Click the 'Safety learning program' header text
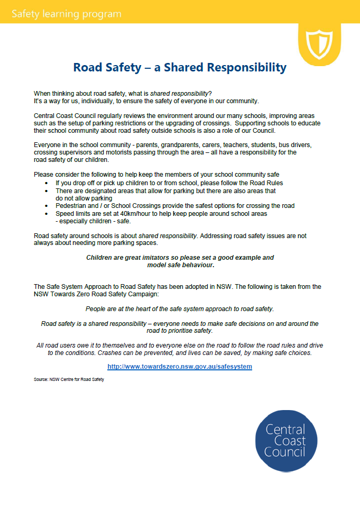coord(66,14)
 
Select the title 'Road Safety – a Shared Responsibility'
coord(180,68)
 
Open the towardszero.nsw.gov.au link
coord(180,366)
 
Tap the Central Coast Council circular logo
coord(285,441)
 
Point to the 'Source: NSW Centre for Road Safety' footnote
coord(69,379)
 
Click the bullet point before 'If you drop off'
coord(47,183)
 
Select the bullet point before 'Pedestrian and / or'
coord(47,206)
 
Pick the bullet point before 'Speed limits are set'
coord(47,214)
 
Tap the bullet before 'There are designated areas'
coord(47,190)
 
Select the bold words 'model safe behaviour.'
coord(180,265)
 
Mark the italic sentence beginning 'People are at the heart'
coord(180,308)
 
